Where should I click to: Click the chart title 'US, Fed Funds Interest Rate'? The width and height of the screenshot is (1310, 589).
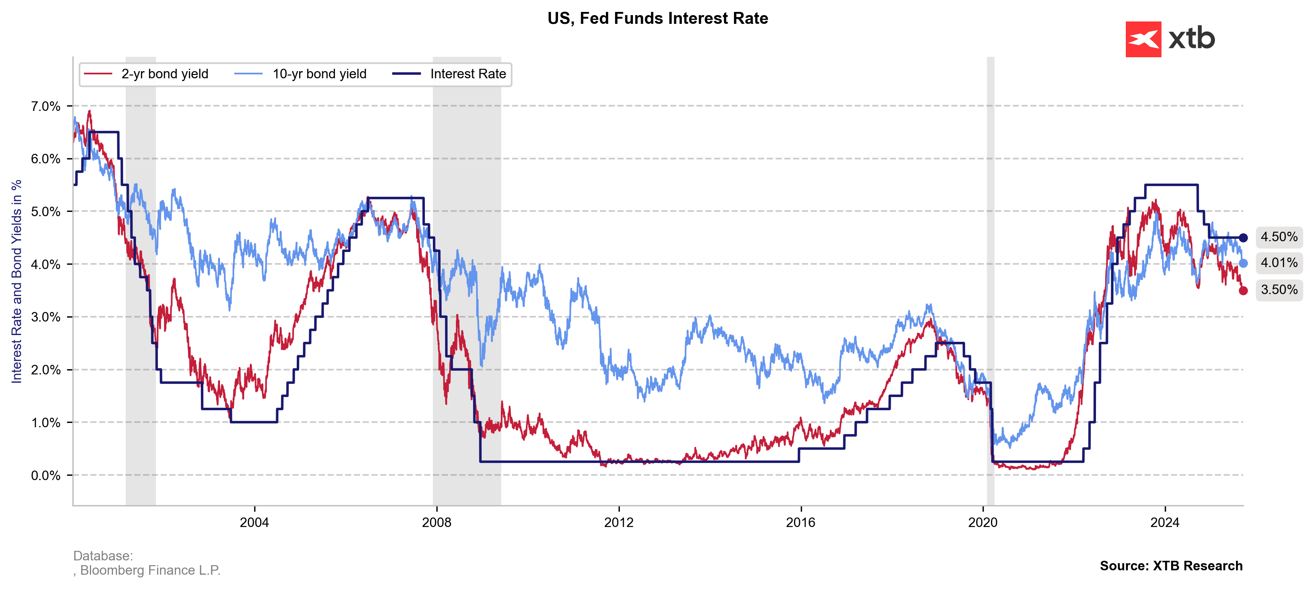[x=657, y=18]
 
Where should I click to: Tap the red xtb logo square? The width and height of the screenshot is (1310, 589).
[x=1143, y=39]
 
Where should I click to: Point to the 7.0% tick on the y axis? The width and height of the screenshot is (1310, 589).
[x=46, y=106]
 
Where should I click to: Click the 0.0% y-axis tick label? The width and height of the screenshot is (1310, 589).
[x=46, y=475]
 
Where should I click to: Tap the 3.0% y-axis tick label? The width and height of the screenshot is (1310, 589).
[x=46, y=317]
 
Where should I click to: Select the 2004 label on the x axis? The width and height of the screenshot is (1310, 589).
[x=254, y=522]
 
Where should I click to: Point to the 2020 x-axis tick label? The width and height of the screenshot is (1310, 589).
[x=983, y=522]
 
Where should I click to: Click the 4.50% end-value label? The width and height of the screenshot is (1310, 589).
[x=1279, y=237]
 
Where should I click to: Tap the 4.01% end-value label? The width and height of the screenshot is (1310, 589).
[x=1279, y=263]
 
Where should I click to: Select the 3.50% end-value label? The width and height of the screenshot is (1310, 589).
[x=1279, y=290]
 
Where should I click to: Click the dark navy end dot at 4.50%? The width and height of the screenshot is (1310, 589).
[x=1243, y=238]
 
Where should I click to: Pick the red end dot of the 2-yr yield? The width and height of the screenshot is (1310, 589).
[x=1243, y=291]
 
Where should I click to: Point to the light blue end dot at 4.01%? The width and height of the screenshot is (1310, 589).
[x=1243, y=263]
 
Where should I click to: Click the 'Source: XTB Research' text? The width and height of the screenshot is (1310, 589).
[x=1171, y=566]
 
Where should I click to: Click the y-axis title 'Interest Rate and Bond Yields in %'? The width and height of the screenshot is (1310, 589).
[x=17, y=281]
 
